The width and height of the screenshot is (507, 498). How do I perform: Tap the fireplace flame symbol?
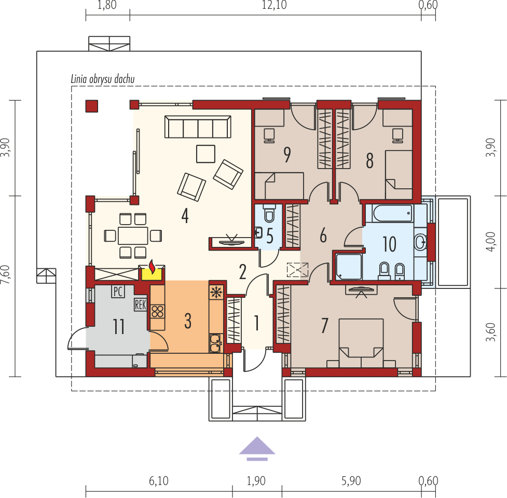click(152, 268)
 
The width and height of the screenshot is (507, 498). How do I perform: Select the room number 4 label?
click(185, 216)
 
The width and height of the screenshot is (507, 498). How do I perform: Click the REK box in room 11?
click(141, 305)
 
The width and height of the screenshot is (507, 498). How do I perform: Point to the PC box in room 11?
click(118, 292)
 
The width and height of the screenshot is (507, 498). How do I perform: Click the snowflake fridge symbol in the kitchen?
click(215, 292)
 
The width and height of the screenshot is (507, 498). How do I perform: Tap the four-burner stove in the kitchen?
click(157, 312)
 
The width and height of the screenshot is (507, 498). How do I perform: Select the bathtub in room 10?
click(392, 213)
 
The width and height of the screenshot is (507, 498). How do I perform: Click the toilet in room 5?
click(269, 213)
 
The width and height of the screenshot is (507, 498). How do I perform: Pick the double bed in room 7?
click(361, 343)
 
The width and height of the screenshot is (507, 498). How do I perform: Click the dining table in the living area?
click(133, 236)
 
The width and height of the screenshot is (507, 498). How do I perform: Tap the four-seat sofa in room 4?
click(198, 127)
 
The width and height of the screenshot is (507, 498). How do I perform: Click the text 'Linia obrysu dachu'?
click(103, 79)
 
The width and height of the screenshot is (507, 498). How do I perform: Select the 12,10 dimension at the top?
click(274, 5)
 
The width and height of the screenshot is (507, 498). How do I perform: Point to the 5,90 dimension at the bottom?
click(351, 481)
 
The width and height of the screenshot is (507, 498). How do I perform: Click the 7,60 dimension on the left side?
click(6, 275)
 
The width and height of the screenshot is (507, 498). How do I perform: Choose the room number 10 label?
click(389, 244)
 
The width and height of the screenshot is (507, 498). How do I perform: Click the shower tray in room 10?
click(349, 267)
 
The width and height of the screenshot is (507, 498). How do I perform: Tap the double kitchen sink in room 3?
click(215, 343)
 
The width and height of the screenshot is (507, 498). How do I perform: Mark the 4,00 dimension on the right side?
click(490, 242)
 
